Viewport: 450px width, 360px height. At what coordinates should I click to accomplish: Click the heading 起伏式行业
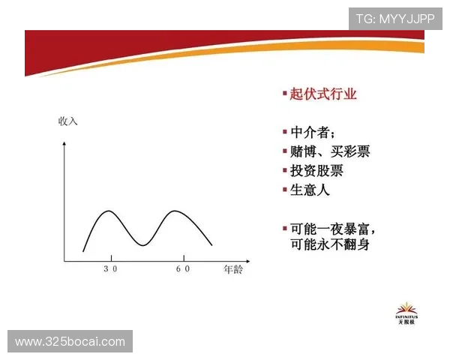(x=323, y=94)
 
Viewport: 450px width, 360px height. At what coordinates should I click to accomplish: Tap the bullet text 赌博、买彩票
(x=329, y=151)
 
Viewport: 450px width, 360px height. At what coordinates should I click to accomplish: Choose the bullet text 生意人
(x=310, y=190)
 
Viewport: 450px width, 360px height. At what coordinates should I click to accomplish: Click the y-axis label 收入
(x=68, y=121)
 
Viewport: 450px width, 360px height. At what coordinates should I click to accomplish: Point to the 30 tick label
(x=110, y=268)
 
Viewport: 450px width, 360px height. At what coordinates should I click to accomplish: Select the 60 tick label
(x=181, y=268)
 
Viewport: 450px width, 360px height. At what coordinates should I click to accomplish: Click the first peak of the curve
(x=109, y=211)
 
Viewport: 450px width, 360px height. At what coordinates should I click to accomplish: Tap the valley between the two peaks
(x=142, y=244)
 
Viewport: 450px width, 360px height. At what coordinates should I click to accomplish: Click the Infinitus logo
(x=407, y=314)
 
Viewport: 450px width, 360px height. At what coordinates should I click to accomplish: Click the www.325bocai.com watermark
(x=71, y=342)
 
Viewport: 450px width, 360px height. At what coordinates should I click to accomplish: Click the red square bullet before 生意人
(x=285, y=190)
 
